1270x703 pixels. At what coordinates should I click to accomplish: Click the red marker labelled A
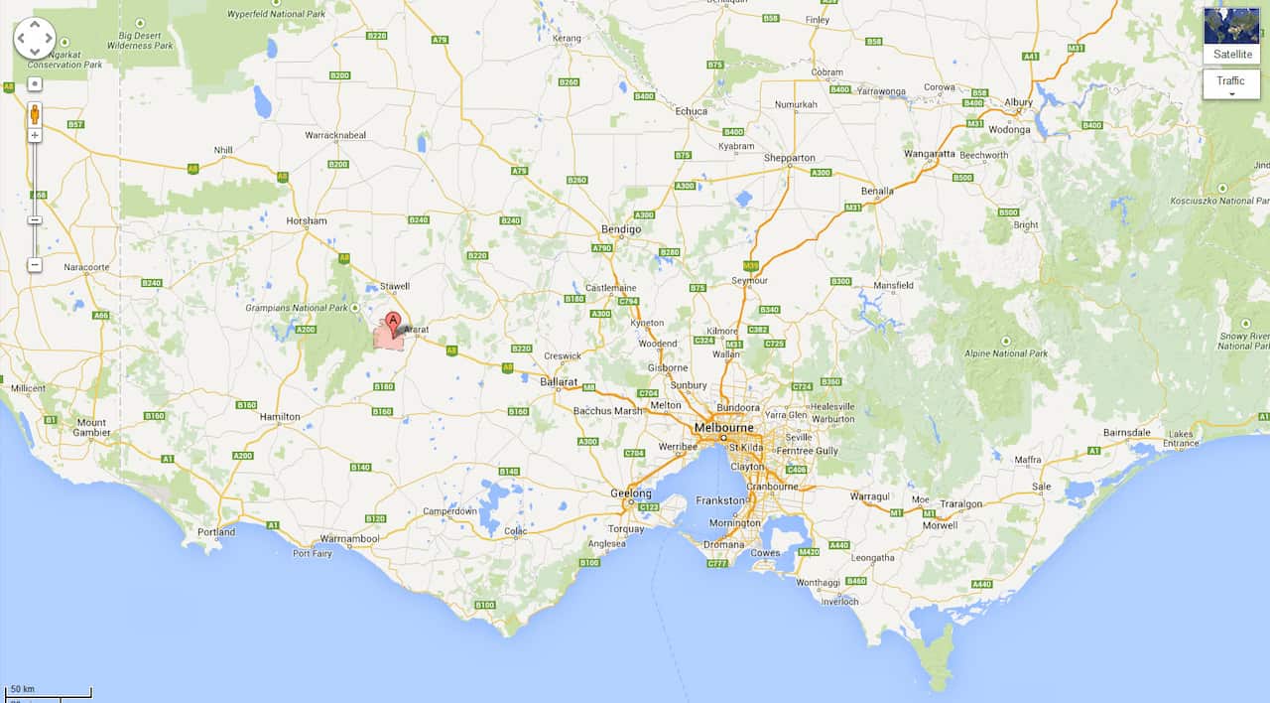393,323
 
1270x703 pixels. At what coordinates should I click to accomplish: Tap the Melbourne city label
723,427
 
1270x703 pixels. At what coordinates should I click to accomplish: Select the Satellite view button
1231,37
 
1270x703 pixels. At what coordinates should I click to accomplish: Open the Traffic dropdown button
1231,84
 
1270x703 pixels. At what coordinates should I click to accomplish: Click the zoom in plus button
35,135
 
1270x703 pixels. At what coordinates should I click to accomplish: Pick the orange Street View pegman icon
35,112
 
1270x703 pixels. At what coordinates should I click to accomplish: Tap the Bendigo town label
621,229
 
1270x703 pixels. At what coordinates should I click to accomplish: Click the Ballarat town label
559,381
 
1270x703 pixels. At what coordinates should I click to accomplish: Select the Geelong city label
631,493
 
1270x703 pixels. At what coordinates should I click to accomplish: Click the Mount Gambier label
91,428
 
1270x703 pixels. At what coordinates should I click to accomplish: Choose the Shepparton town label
790,158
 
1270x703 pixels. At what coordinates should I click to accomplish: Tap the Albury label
1018,102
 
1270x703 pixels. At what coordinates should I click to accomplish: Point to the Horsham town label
306,220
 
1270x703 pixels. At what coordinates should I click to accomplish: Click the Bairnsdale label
1127,433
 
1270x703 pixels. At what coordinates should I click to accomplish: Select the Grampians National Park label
297,308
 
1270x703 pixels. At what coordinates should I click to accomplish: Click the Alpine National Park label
1006,353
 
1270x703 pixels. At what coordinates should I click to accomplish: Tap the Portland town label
216,532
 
